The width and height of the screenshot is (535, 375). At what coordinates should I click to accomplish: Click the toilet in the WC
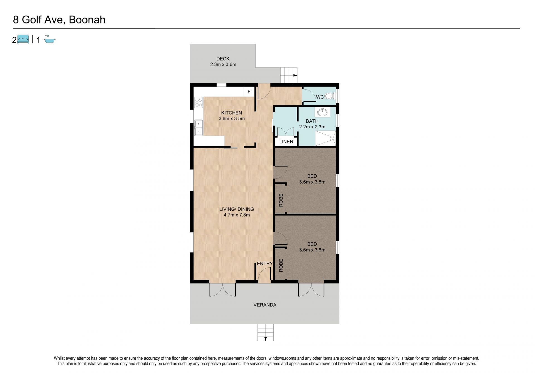[330, 96]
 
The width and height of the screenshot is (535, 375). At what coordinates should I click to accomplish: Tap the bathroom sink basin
[322, 112]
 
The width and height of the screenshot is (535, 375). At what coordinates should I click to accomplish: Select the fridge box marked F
[249, 92]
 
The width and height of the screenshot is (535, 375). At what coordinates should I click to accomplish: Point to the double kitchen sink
[198, 128]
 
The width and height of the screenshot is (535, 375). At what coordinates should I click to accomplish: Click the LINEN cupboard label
[286, 141]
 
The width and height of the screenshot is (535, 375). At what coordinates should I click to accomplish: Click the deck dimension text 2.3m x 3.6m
[223, 64]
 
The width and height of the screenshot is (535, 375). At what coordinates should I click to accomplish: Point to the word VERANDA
[265, 305]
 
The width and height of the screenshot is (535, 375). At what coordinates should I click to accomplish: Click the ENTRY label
[265, 263]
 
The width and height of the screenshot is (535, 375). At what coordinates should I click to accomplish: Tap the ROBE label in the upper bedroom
[281, 200]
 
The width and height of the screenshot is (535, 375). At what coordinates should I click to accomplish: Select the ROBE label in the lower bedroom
[281, 265]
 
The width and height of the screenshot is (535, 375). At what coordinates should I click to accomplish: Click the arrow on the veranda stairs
[266, 339]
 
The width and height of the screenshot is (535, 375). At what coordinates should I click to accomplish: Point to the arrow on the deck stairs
[295, 75]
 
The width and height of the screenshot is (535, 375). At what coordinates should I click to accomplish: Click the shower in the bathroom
[325, 138]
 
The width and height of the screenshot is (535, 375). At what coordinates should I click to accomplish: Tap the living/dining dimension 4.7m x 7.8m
[237, 215]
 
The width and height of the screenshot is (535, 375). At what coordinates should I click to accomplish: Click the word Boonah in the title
[87, 20]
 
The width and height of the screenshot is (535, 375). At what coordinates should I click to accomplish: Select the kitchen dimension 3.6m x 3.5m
[232, 118]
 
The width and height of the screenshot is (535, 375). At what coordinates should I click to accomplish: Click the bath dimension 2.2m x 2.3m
[312, 127]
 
